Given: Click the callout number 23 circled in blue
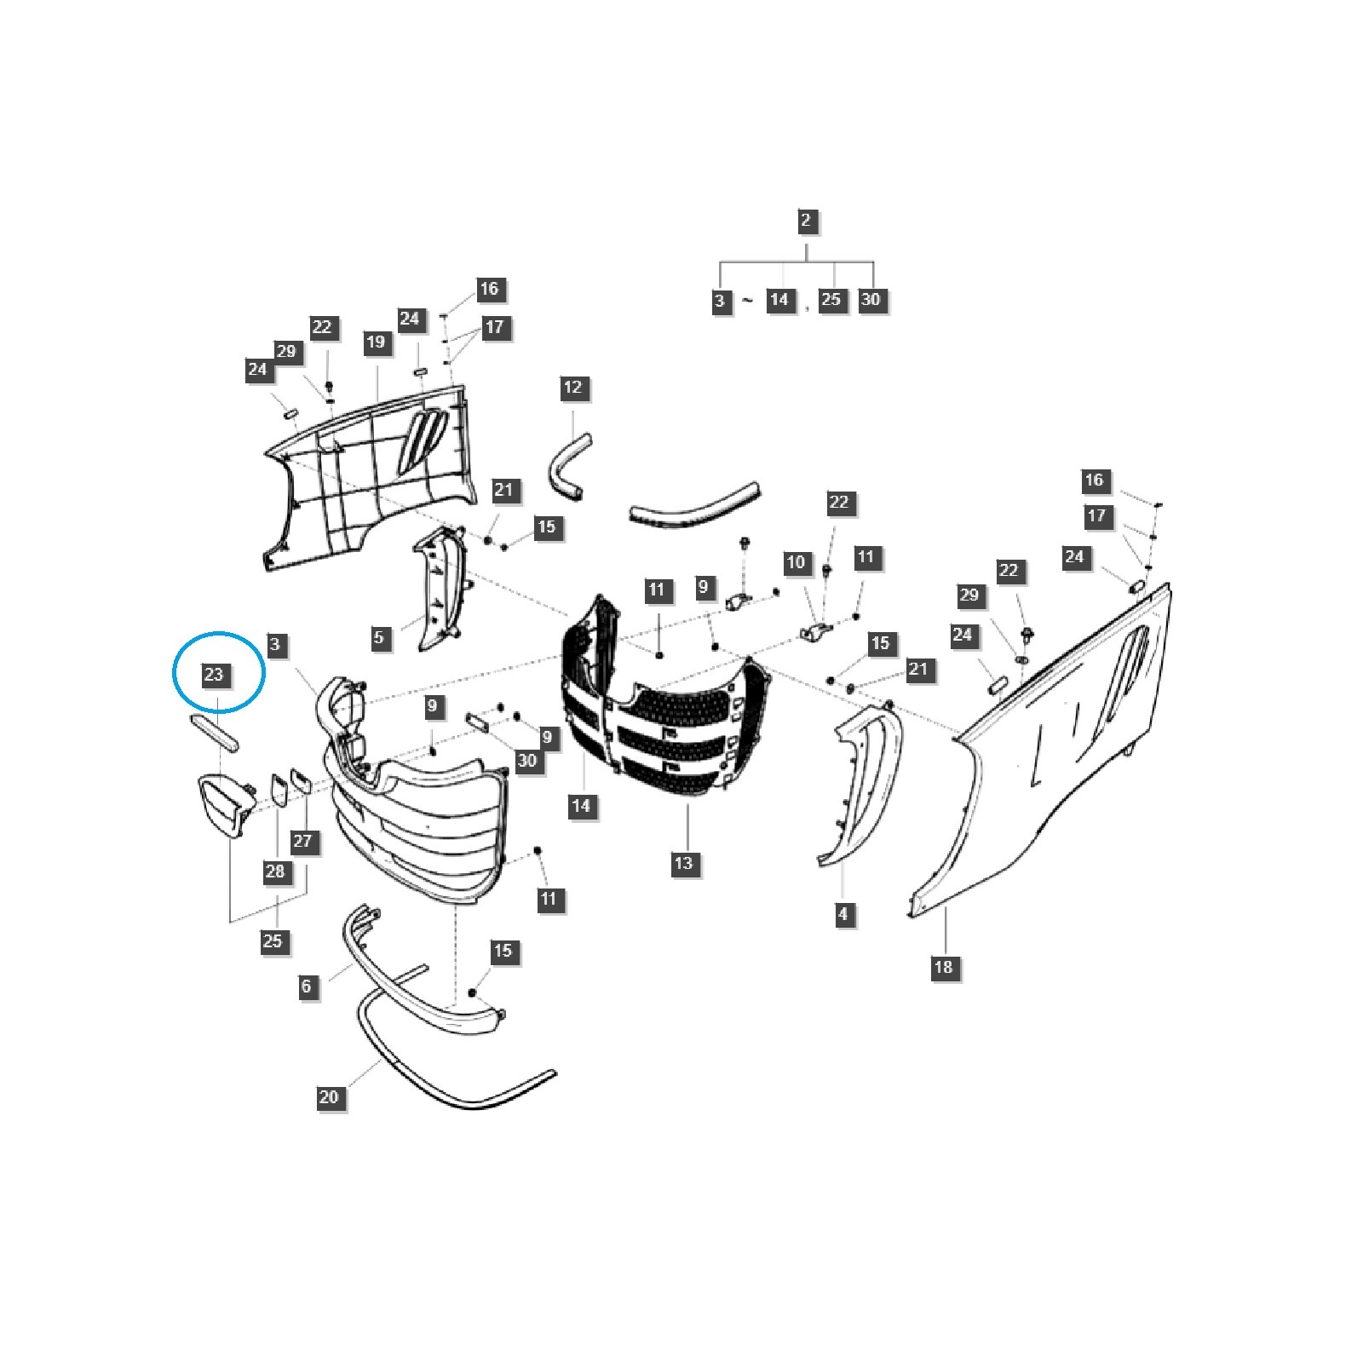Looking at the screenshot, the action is coord(213,675).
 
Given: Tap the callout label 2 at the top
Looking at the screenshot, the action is coord(806,221).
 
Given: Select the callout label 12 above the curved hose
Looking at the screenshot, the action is coord(573,388).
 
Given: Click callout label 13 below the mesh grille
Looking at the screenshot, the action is coord(684,863).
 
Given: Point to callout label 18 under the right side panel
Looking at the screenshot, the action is coord(943,967).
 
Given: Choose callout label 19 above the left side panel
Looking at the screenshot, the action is coord(377,342).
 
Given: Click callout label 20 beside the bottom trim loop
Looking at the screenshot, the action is coord(329,1097).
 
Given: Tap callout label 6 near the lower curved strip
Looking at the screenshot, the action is coord(307,986).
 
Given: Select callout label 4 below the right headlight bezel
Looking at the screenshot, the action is coord(843,914).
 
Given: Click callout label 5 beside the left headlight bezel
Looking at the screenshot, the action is coord(379,637).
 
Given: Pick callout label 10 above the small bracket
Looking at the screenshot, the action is coord(796,562).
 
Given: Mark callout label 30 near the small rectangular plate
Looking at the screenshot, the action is coord(527,759).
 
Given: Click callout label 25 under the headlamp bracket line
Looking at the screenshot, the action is coord(273,941).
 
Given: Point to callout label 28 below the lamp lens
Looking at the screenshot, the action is coord(274,871).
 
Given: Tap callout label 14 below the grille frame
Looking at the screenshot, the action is coord(581,805).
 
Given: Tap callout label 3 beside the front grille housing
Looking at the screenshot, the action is coord(274,644).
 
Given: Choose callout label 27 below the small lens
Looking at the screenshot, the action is coord(302,841).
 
